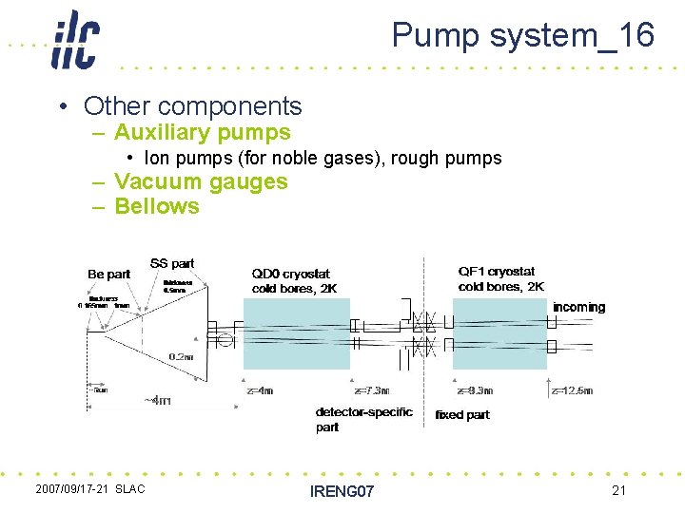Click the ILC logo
tap(75, 40)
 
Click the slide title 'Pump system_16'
tap(522, 35)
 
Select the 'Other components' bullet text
tap(192, 106)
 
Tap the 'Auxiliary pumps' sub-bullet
tap(202, 133)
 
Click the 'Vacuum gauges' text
tap(201, 181)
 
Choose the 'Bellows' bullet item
tap(157, 206)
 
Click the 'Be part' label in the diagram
tap(108, 274)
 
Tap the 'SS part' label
tap(171, 263)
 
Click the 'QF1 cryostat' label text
tap(497, 272)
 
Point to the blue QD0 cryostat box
tap(296, 333)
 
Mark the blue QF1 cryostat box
tap(499, 333)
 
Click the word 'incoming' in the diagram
tap(578, 307)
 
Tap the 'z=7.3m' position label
tap(371, 390)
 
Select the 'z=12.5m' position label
tap(572, 390)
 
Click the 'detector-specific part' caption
tap(363, 419)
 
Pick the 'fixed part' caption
tap(462, 415)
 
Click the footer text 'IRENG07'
tap(342, 491)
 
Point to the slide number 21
tap(618, 489)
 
